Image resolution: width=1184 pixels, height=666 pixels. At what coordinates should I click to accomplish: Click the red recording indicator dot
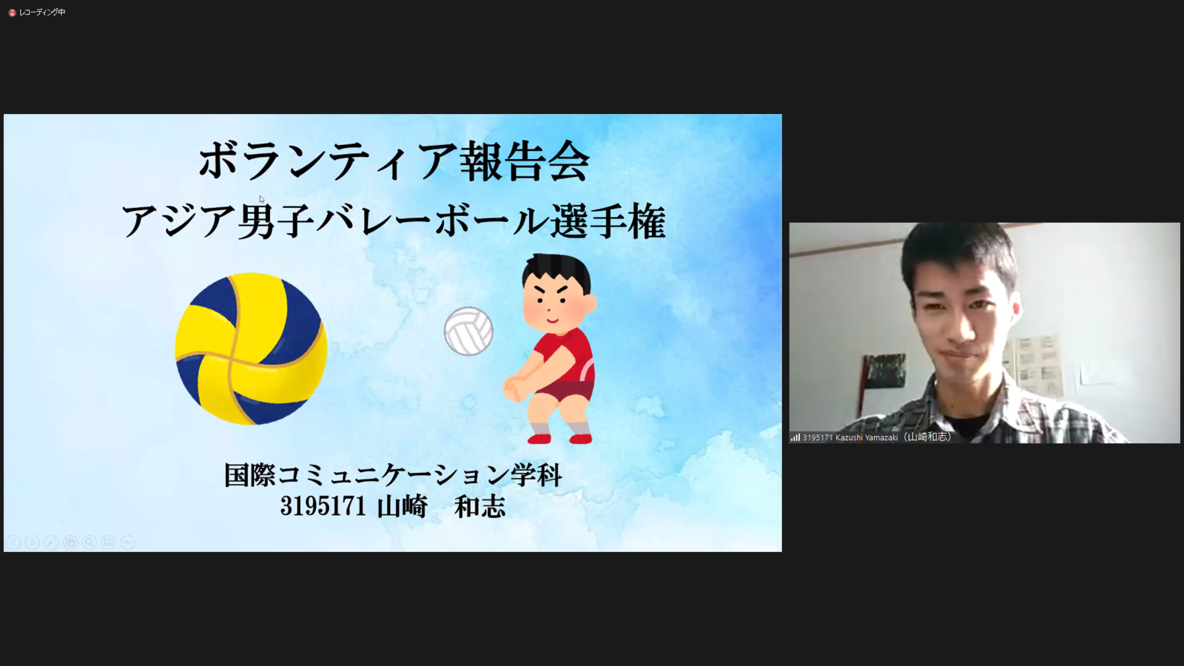pos(12,13)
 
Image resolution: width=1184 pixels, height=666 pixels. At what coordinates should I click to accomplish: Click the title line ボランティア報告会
pos(394,161)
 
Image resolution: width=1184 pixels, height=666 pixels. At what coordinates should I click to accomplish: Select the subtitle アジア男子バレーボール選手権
pos(394,221)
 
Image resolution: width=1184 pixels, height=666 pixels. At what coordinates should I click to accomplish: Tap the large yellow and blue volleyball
pos(251,349)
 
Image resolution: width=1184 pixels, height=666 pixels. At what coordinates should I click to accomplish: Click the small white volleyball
pos(468,332)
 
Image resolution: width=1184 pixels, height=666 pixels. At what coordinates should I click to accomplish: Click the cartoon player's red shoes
pos(560,438)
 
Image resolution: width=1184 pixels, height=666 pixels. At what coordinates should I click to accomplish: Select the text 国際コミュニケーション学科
pos(393,474)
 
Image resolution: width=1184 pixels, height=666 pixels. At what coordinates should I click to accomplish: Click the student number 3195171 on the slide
pos(323,506)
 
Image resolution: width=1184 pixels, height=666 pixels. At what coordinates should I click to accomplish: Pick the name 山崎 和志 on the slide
pos(441,506)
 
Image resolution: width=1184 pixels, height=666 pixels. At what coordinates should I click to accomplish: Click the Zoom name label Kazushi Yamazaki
pos(867,437)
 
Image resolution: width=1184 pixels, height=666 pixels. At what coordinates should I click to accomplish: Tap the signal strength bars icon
pos(795,437)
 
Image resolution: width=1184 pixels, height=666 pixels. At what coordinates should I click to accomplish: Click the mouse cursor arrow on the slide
pos(262,199)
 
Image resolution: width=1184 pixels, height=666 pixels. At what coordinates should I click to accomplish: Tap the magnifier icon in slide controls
pos(90,542)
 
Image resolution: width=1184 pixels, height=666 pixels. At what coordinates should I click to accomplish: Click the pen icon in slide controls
pos(51,542)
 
